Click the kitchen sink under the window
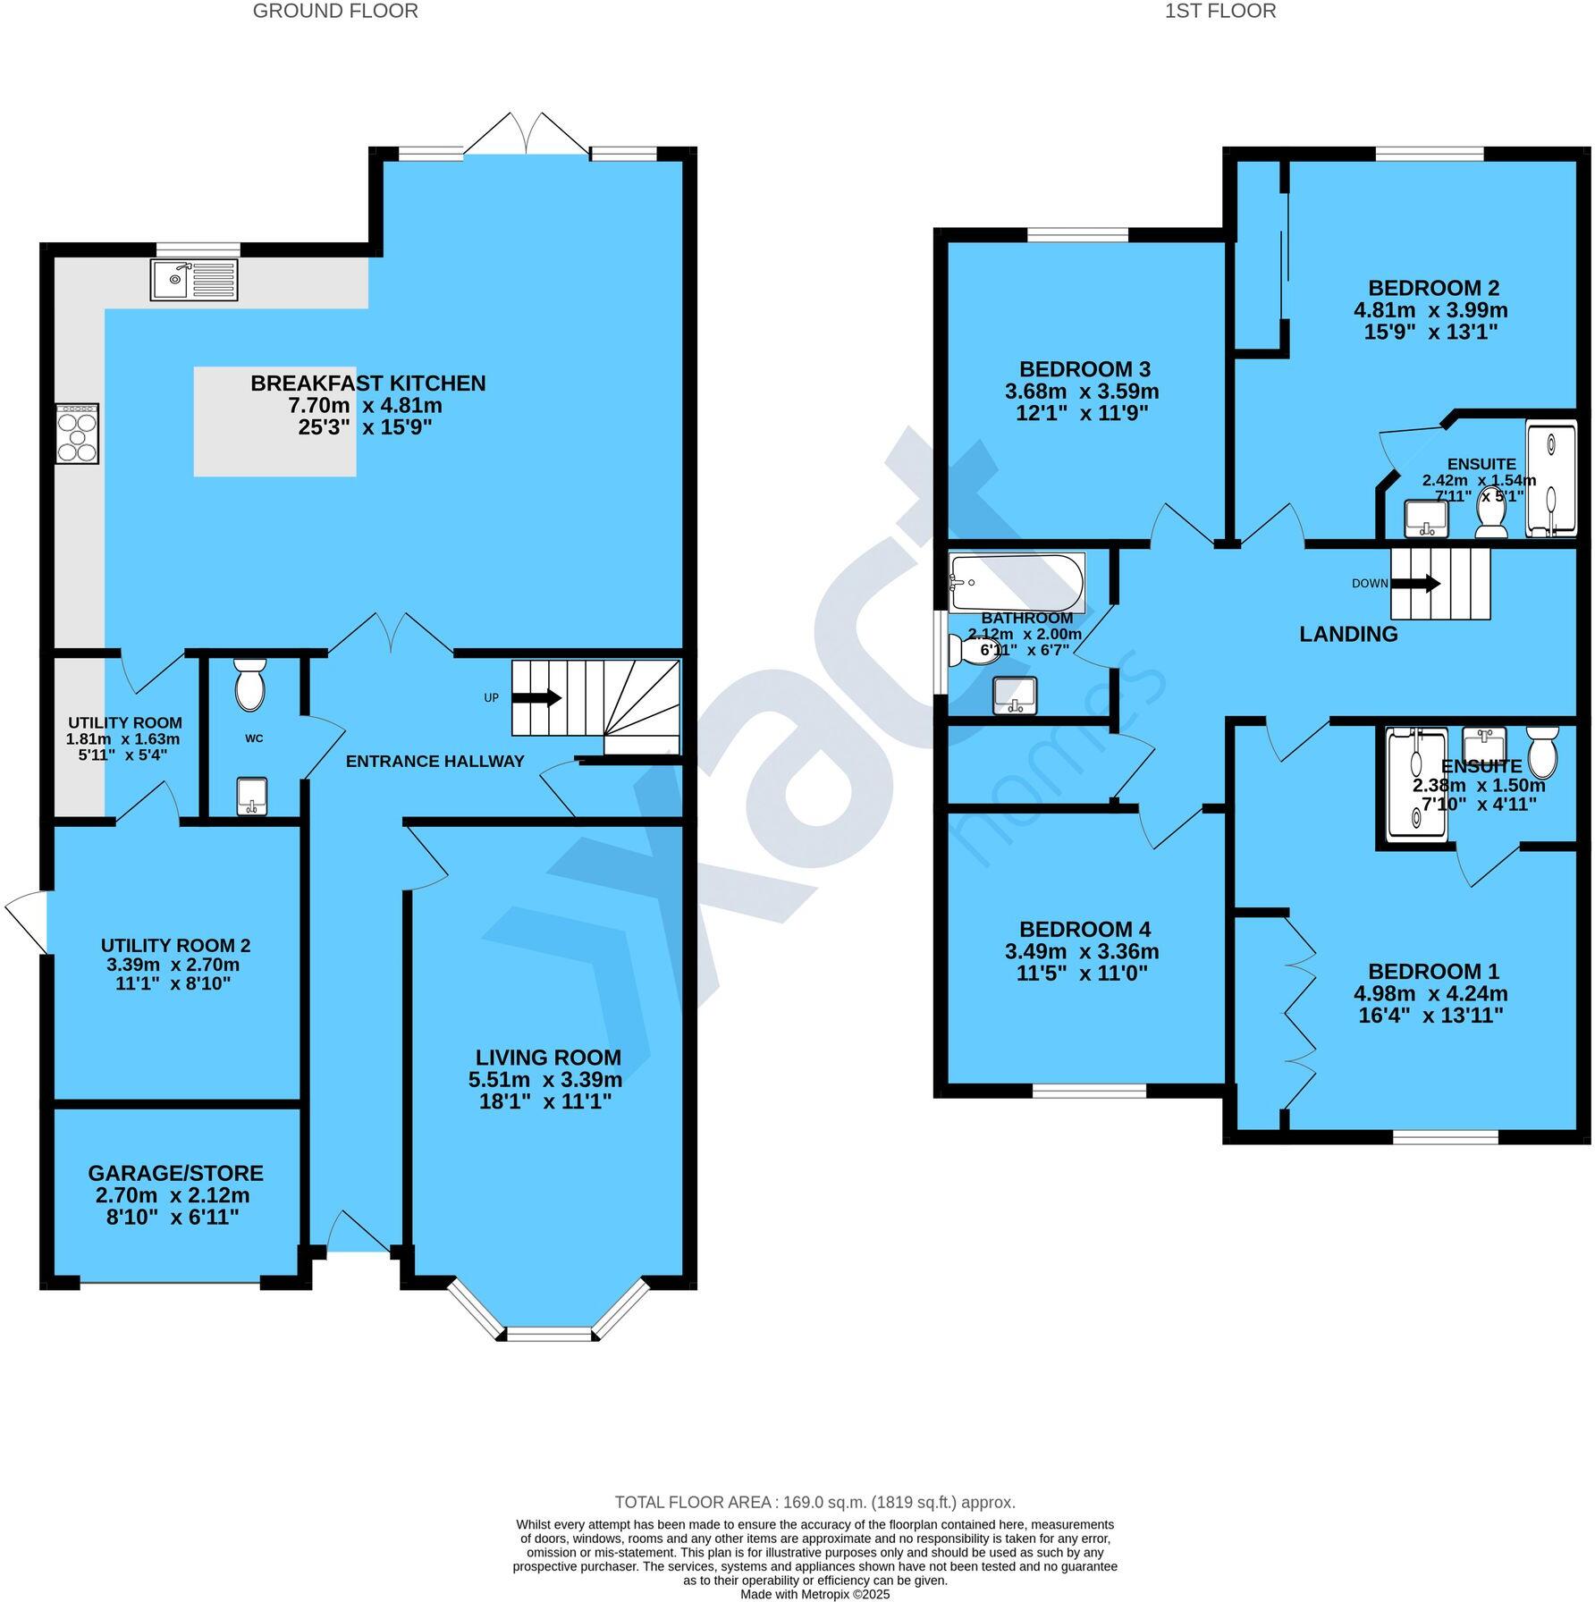pyautogui.click(x=194, y=279)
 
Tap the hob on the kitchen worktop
pyautogui.click(x=77, y=434)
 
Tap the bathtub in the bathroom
pyautogui.click(x=1017, y=581)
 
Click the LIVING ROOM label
pyautogui.click(x=547, y=1058)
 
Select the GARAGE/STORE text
pyautogui.click(x=175, y=1173)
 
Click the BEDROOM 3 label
pyautogui.click(x=1084, y=369)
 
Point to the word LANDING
pyautogui.click(x=1347, y=635)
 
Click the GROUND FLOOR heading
pyautogui.click(x=335, y=12)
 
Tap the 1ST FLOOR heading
pyautogui.click(x=1220, y=12)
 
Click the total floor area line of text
pyautogui.click(x=814, y=1503)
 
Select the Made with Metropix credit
pyautogui.click(x=814, y=1594)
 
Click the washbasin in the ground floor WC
pyautogui.click(x=252, y=797)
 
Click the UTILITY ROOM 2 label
pyautogui.click(x=175, y=946)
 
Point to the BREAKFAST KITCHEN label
pyautogui.click(x=367, y=384)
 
